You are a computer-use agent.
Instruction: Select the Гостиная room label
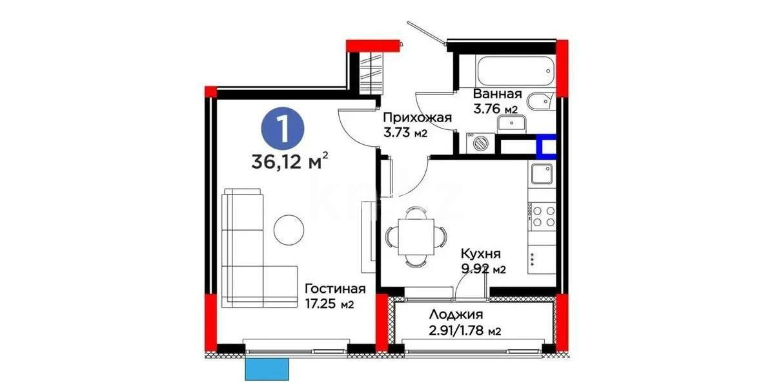tap(335, 289)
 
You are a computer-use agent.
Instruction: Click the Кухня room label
tap(481, 254)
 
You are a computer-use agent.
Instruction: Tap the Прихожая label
tap(416, 118)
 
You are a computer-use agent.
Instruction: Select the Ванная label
tap(498, 94)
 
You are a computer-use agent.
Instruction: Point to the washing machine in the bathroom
tap(479, 143)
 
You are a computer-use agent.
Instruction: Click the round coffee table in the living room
tap(287, 229)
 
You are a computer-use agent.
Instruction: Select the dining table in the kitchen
tap(416, 237)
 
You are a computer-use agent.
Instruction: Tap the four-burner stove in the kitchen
tap(542, 216)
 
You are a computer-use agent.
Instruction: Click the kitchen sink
tap(542, 174)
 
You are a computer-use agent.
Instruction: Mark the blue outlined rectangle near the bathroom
tap(547, 147)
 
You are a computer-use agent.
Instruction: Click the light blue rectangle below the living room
tap(267, 370)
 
